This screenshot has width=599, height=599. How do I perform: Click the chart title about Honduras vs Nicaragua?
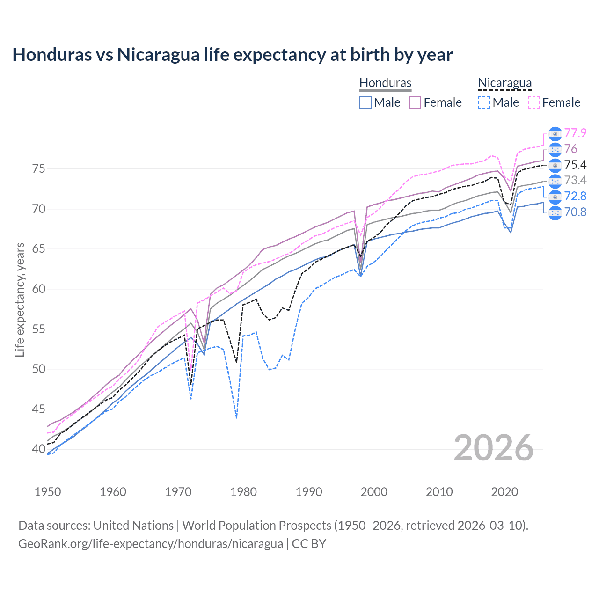pyautogui.click(x=233, y=55)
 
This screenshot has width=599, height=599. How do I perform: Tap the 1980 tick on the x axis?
pyautogui.click(x=244, y=492)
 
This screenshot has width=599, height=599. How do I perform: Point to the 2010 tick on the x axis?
pyautogui.click(x=439, y=492)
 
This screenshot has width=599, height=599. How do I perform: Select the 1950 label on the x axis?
pyautogui.click(x=48, y=492)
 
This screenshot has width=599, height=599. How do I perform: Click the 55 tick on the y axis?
pyautogui.click(x=39, y=329)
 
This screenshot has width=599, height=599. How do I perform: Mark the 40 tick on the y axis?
pyautogui.click(x=39, y=449)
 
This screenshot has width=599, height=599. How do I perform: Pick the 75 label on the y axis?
pyautogui.click(x=39, y=168)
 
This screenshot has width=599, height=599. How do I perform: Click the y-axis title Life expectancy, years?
pyautogui.click(x=20, y=299)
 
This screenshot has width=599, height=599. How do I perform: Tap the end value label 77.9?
pyautogui.click(x=575, y=133)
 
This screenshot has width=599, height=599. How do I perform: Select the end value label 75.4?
pyautogui.click(x=575, y=165)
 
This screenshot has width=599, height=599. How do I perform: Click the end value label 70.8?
pyautogui.click(x=575, y=212)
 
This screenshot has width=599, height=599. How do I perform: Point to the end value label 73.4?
pyautogui.click(x=575, y=181)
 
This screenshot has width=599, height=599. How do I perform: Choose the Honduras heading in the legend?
pyautogui.click(x=385, y=83)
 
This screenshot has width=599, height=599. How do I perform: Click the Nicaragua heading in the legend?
pyautogui.click(x=504, y=83)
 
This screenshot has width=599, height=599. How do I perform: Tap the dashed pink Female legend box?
pyautogui.click(x=534, y=102)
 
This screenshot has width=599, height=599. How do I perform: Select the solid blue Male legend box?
pyautogui.click(x=365, y=102)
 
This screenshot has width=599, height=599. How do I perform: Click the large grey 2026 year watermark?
pyautogui.click(x=493, y=448)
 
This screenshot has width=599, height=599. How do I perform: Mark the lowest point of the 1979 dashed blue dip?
pyautogui.click(x=236, y=418)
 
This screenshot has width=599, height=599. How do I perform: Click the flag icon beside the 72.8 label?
pyautogui.click(x=555, y=197)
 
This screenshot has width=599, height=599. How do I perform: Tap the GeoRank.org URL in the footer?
pyautogui.click(x=151, y=544)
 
